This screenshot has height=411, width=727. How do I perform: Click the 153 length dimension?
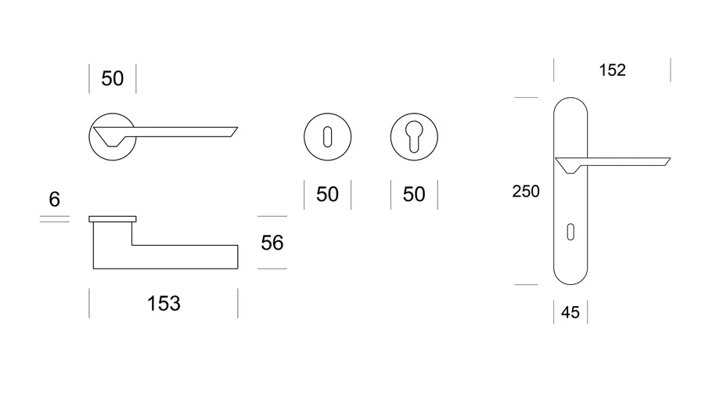(x=164, y=304)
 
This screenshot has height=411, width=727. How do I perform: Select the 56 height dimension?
(x=272, y=243)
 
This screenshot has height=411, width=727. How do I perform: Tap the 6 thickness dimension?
(x=54, y=200)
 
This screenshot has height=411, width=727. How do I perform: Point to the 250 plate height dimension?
(x=526, y=191)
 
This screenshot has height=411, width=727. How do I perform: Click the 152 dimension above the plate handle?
(x=612, y=70)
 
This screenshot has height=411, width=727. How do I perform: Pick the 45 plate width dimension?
(x=570, y=312)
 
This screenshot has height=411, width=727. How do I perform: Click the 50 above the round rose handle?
(x=113, y=78)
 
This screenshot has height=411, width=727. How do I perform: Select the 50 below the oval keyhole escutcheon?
(x=327, y=194)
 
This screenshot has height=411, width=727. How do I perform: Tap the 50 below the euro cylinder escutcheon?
(x=414, y=194)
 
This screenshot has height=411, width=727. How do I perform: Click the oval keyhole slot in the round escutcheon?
(x=327, y=137)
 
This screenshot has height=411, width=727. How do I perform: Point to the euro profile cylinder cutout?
(x=414, y=136)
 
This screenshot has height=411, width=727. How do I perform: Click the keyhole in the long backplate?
(x=570, y=232)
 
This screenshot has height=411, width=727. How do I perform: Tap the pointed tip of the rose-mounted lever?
(x=237, y=128)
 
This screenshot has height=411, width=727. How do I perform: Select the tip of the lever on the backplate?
(x=670, y=159)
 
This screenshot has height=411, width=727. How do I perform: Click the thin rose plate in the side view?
(x=113, y=219)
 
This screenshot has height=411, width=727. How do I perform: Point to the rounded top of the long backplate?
(x=570, y=98)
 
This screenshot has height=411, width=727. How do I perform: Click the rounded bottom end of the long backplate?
(x=570, y=284)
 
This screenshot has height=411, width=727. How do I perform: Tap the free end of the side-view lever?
(x=238, y=257)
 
